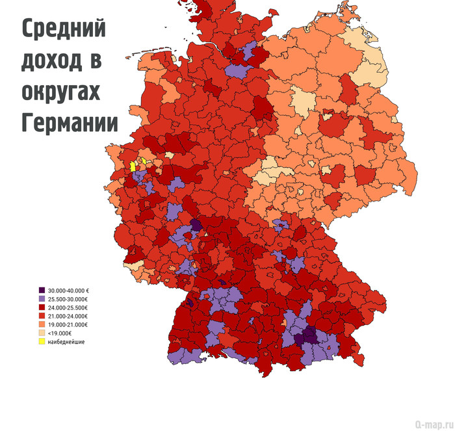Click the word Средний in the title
pos(63,30)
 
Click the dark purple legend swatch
pos(42,291)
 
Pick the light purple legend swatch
pos(42,299)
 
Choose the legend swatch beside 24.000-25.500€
pos(42,307)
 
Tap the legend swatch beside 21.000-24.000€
pos(42,316)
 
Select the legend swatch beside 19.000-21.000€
pos(42,324)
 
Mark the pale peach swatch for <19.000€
pos(42,333)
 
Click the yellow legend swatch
pos(42,341)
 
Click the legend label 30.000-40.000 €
pos(68,291)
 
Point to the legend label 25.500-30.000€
pos(68,299)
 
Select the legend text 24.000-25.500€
pos(68,307)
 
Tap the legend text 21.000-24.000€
pos(68,316)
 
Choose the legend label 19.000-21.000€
pos(68,324)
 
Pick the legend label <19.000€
pos(60,333)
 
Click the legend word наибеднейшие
pos(66,341)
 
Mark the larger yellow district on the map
pos(133,166)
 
